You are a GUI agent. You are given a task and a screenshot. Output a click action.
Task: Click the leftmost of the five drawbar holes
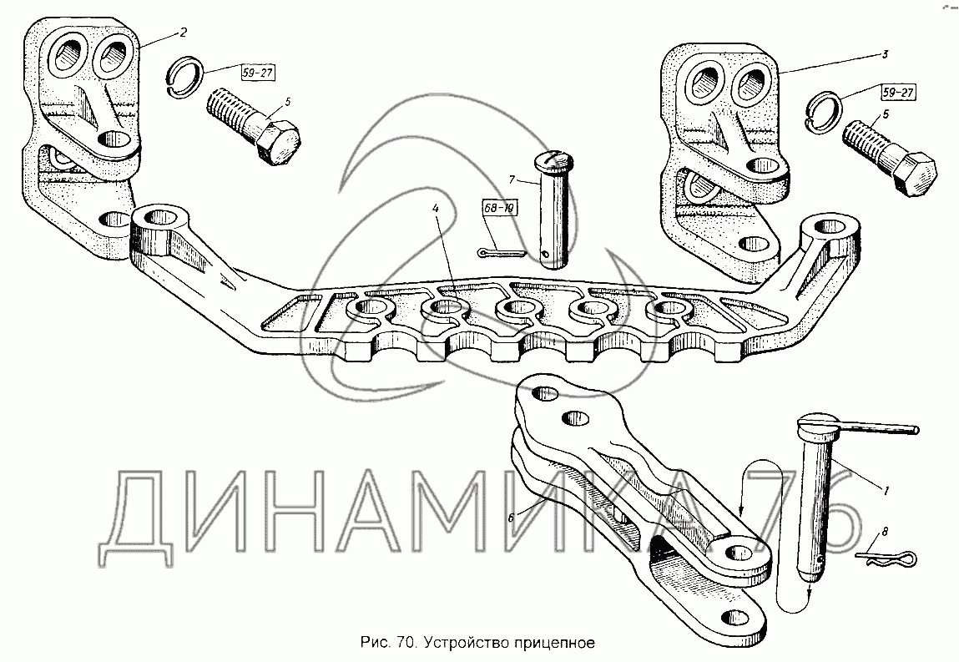click(368, 311)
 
